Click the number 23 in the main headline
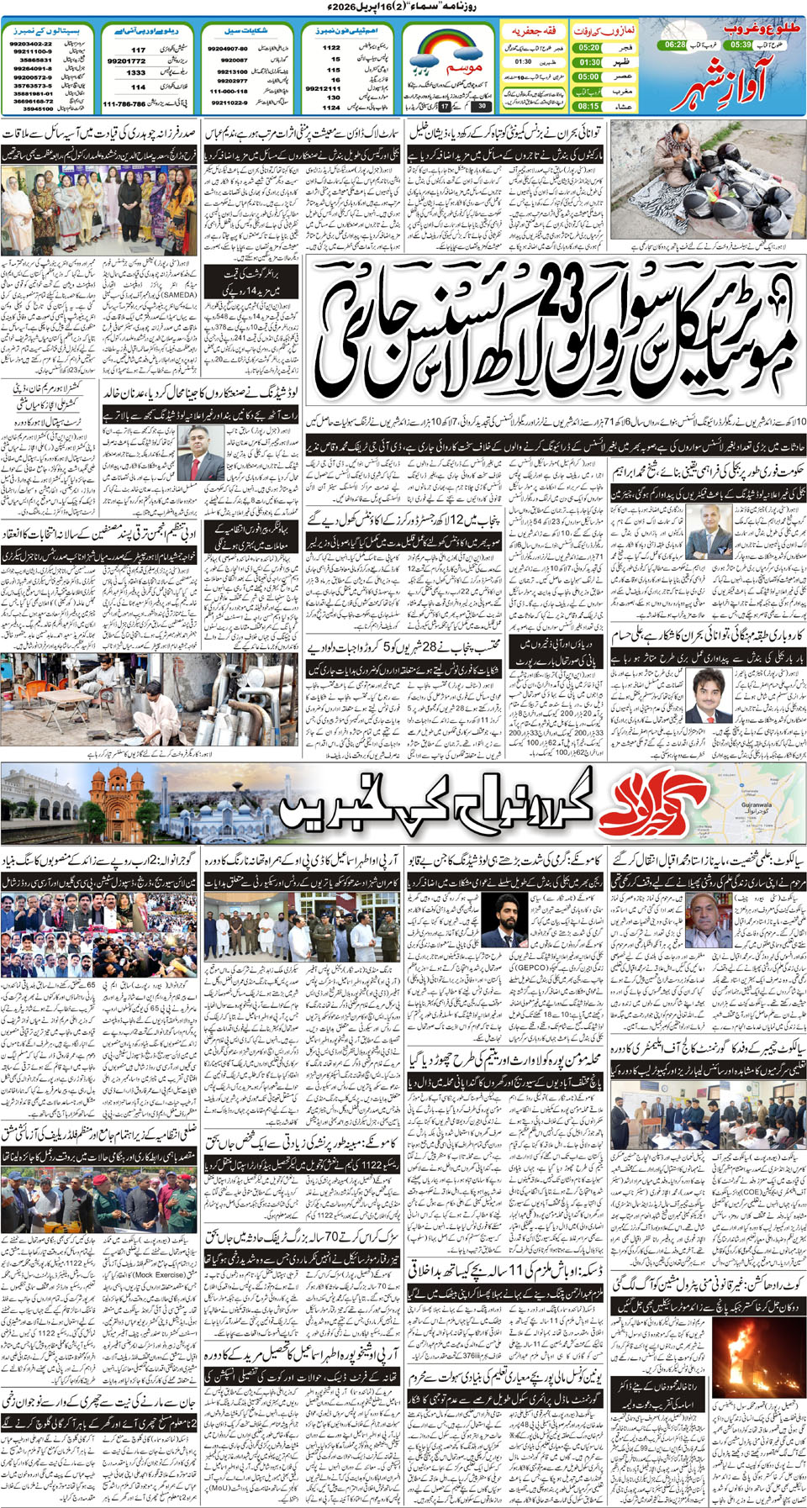pos(555,298)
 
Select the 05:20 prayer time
pos(589,48)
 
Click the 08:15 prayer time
pos(589,106)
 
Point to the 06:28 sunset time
pos(674,44)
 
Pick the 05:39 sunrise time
pos(741,44)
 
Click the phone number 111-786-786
pos(124,104)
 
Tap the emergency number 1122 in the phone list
pos(331,48)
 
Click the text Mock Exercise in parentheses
pos(148,1274)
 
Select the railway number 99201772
pos(127,61)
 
